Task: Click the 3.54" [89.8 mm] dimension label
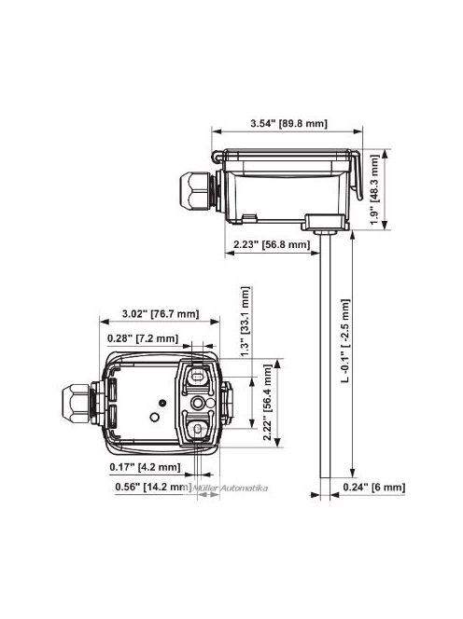288,123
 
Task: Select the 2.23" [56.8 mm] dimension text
269,244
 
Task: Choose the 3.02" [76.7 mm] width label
160,315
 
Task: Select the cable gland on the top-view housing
78,403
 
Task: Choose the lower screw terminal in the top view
200,430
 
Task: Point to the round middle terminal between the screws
200,403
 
